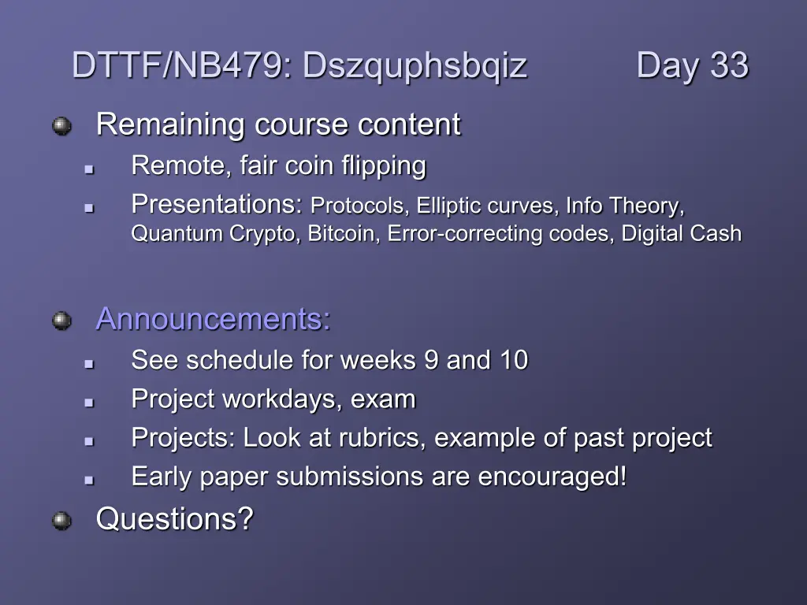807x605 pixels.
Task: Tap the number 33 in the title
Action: (729, 65)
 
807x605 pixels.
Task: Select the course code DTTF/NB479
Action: (177, 65)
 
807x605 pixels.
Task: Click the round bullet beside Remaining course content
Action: (61, 126)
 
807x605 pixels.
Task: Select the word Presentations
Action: (214, 204)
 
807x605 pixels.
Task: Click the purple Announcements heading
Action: (213, 319)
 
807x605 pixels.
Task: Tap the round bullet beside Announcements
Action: (61, 321)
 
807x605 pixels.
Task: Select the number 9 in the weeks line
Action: (431, 359)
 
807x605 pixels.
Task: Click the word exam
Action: (383, 399)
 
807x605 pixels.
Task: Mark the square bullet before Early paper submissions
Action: (89, 480)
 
